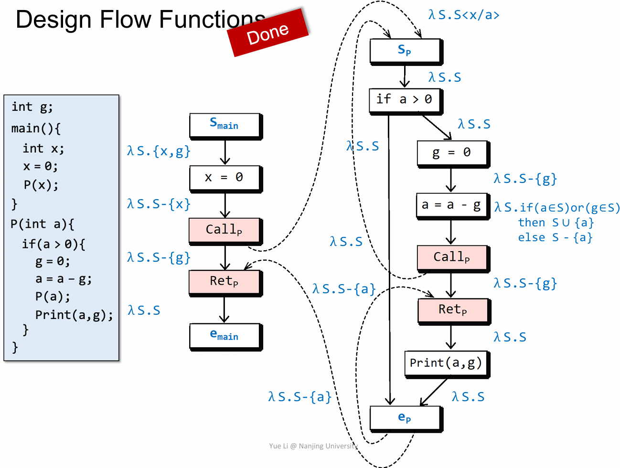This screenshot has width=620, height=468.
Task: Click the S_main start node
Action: pos(225,125)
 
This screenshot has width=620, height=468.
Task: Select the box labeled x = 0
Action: pos(225,178)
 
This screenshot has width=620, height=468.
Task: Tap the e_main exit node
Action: pos(225,336)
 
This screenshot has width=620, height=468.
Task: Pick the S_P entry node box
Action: pos(405,51)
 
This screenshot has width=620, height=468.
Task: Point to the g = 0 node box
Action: pos(452,153)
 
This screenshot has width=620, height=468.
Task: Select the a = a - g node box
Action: pos(452,205)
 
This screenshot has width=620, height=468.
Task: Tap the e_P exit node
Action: pos(405,418)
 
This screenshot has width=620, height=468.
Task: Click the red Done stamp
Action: pos(268,32)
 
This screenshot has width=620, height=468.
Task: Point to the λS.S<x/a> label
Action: pos(464,15)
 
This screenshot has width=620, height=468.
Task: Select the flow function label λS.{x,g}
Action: pos(159,151)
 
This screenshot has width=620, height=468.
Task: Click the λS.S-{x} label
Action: pos(159,204)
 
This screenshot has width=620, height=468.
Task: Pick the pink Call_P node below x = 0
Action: pos(225,230)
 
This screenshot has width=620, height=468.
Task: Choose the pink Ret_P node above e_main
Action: pos(225,282)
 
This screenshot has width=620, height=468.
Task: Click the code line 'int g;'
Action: pos(32,107)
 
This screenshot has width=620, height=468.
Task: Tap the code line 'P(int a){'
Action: pos(42,224)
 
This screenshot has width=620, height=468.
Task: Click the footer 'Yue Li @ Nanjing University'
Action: pos(313,446)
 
